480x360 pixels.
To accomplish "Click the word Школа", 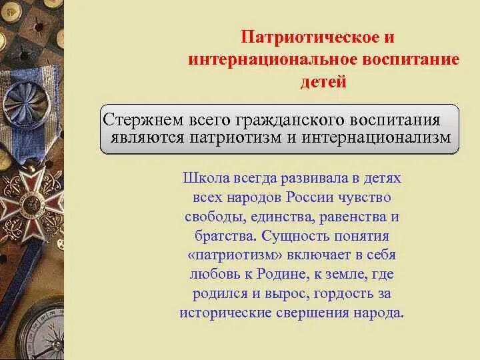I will pos(203,179).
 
